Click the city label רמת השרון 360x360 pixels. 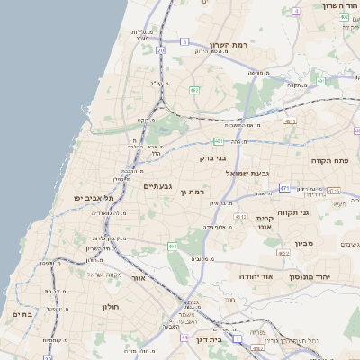point(228,45)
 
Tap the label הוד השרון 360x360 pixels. point(341,6)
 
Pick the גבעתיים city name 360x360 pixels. point(158,185)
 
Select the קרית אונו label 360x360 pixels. point(265,222)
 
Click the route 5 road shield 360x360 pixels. point(184,41)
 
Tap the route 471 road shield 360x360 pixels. point(284,188)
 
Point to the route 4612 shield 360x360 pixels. point(240,217)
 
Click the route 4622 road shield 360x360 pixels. point(284,254)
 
